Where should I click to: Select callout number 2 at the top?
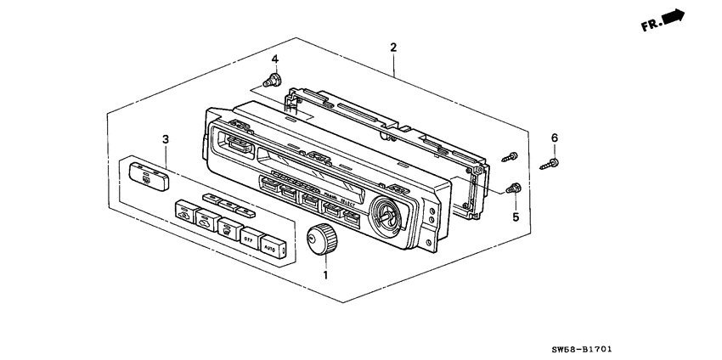click(392, 48)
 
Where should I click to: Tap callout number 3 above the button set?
click(166, 138)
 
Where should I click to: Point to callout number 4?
click(274, 59)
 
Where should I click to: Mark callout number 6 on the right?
click(554, 138)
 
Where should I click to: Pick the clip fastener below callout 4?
click(274, 82)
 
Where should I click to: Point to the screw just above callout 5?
click(513, 188)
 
